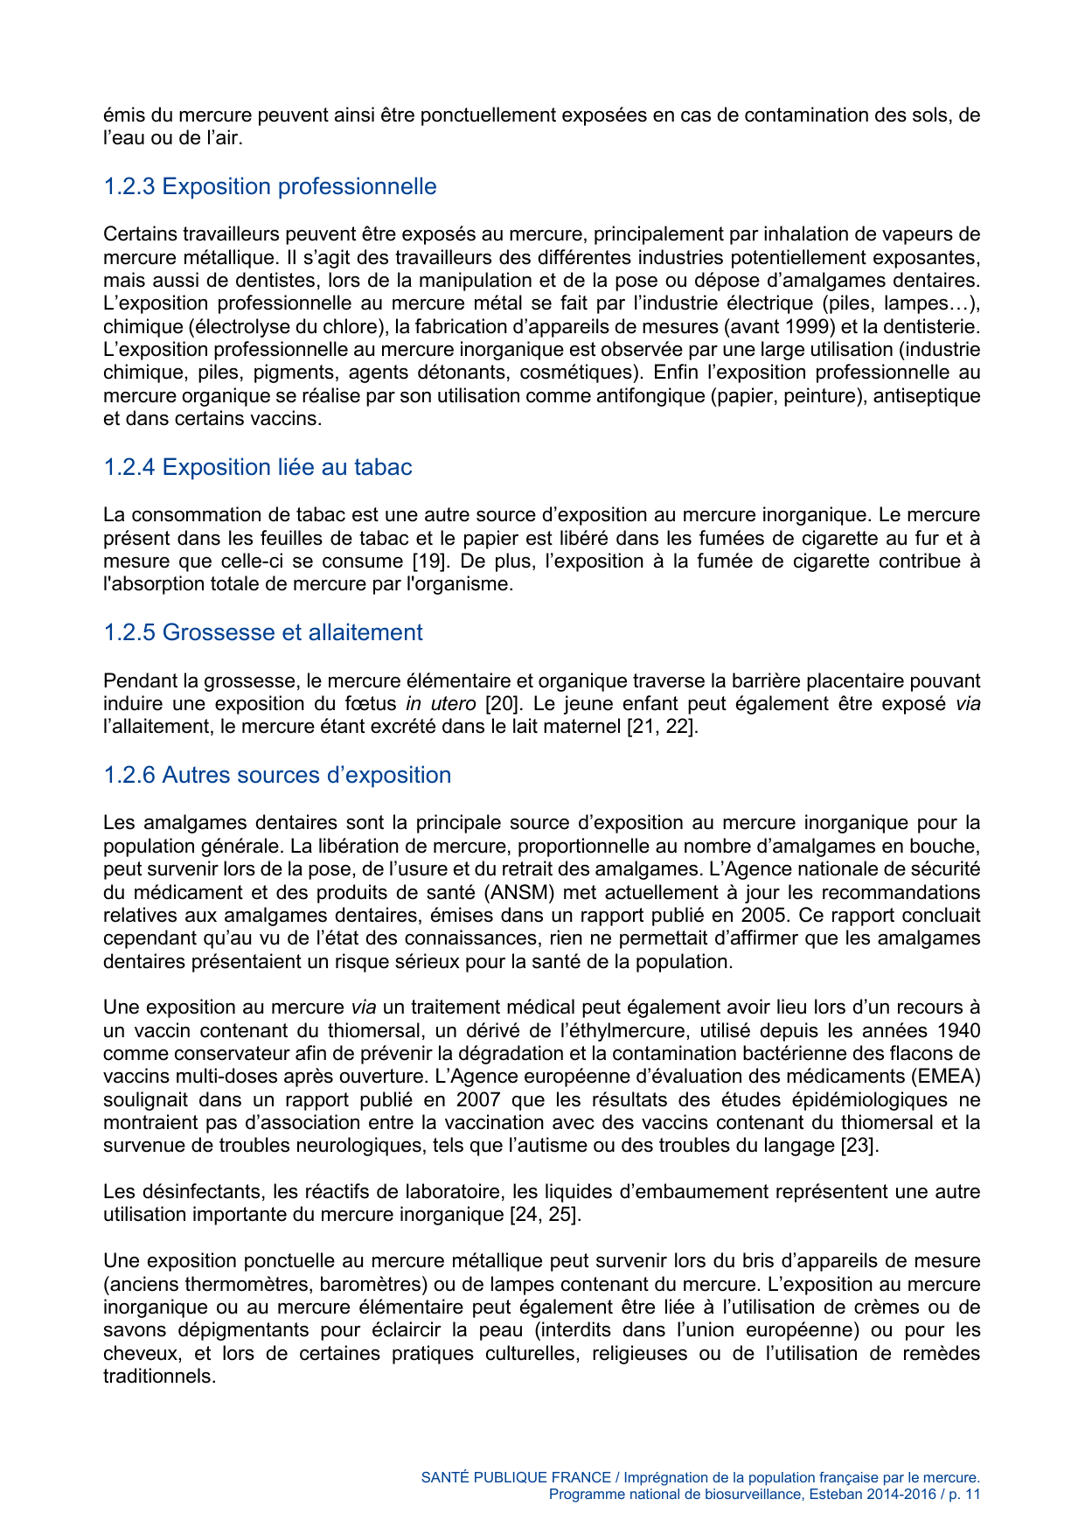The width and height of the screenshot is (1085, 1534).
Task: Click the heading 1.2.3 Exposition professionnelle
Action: (x=269, y=186)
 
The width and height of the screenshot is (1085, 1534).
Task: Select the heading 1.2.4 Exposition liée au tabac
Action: (x=257, y=467)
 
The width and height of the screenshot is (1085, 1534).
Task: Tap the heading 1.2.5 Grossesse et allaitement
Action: (x=262, y=632)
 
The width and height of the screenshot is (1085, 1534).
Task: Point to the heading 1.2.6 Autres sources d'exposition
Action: (x=277, y=775)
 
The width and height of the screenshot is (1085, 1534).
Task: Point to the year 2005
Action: (x=763, y=915)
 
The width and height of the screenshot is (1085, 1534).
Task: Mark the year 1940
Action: (x=957, y=1030)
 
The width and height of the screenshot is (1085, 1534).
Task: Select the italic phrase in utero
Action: (x=441, y=703)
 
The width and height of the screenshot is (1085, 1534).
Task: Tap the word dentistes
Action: (x=207, y=280)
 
